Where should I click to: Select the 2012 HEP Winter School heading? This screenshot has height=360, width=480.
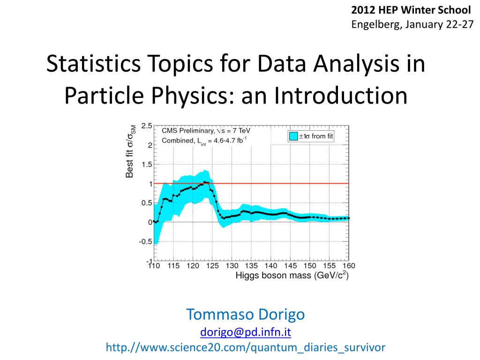tap(411, 10)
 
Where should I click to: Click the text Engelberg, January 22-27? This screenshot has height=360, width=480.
tap(412, 24)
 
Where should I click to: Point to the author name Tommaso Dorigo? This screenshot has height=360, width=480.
tap(246, 314)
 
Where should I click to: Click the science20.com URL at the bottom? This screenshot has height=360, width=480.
tap(246, 347)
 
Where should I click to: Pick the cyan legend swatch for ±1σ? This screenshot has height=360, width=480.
tap(293, 136)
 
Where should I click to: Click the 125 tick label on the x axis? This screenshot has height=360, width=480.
tap(212, 266)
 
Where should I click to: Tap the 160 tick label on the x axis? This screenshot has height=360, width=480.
tap(348, 266)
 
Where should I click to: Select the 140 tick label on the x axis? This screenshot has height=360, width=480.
tap(270, 266)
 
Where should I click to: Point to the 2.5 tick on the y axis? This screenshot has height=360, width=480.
tap(146, 126)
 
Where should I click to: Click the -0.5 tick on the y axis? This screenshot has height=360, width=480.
tap(145, 242)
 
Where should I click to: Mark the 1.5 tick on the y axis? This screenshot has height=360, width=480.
tap(146, 165)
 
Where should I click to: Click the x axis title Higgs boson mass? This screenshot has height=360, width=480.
tap(292, 275)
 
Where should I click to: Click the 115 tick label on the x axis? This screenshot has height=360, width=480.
tap(173, 266)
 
